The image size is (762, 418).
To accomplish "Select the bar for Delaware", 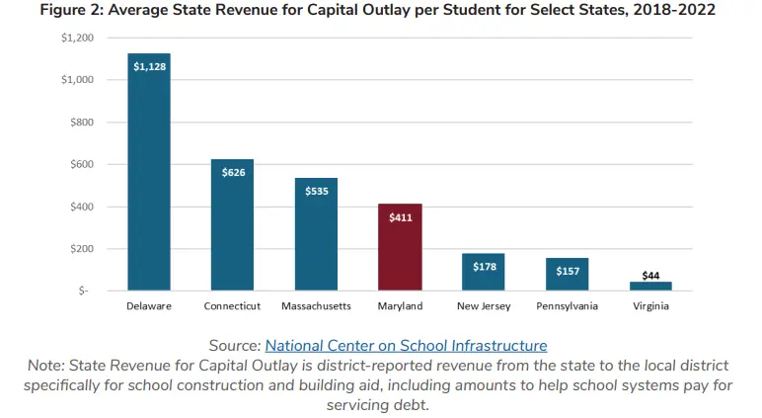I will click(x=149, y=173).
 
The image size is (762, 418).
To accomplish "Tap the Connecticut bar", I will click(x=232, y=225).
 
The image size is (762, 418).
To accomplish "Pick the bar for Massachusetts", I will click(x=316, y=234).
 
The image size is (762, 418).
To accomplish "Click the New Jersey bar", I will click(x=483, y=272).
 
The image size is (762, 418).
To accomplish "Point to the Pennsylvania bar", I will click(x=567, y=274).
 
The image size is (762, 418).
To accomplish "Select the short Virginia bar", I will click(x=650, y=286).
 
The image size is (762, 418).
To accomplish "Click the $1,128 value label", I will click(x=149, y=67).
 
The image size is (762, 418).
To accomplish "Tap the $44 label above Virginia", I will click(x=650, y=275).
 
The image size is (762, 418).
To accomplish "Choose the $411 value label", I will click(x=400, y=217).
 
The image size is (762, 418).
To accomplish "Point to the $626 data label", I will click(x=233, y=173).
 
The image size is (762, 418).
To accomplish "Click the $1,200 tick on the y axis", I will click(x=78, y=38).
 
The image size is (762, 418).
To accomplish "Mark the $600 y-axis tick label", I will click(x=84, y=164).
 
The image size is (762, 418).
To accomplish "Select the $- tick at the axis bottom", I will click(x=87, y=291).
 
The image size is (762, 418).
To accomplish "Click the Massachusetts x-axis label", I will click(x=316, y=306).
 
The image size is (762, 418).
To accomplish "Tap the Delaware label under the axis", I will click(x=149, y=306).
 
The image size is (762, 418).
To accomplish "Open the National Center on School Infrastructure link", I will click(x=406, y=345).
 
